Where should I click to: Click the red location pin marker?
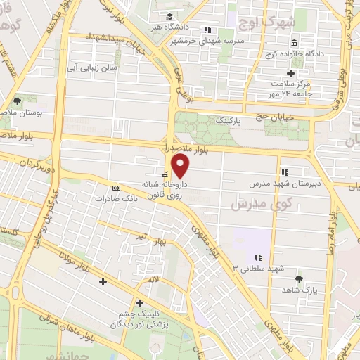tap(181, 166)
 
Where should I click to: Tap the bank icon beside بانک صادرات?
tap(116, 188)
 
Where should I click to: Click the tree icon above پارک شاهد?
tap(300, 279)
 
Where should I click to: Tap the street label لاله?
tap(150, 279)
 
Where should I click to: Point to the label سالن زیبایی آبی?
tap(120, 69)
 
